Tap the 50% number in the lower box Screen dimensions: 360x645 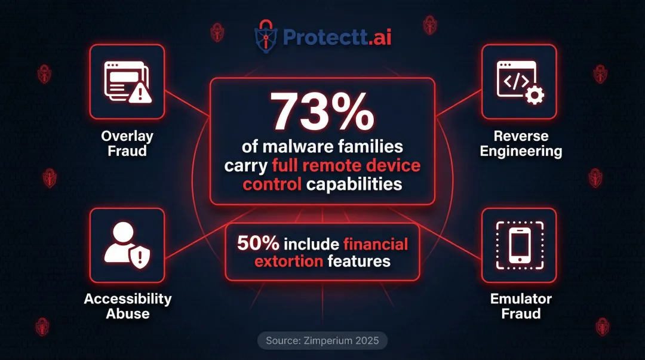[257, 244]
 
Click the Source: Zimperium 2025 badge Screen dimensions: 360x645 [322, 341]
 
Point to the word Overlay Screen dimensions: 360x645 [127, 137]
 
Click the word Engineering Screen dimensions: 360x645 [521, 151]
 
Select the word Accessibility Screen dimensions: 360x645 [128, 299]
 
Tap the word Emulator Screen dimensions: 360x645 [521, 299]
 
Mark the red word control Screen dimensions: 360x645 [272, 184]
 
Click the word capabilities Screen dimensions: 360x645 [354, 184]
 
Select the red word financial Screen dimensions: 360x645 [376, 244]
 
